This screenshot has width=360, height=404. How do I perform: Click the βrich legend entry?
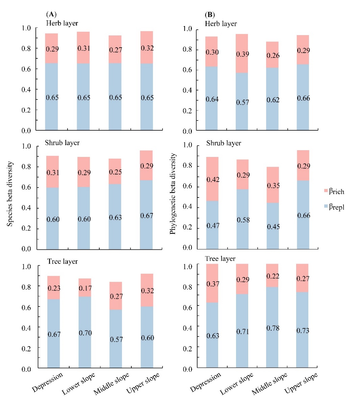click(336, 191)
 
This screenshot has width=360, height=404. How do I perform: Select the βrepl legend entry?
click(336, 207)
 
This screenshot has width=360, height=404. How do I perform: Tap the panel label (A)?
click(51, 14)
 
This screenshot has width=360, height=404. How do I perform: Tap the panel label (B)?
click(209, 15)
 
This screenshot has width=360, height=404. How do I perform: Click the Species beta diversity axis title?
click(10, 194)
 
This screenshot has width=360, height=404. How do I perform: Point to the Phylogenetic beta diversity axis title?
click(173, 194)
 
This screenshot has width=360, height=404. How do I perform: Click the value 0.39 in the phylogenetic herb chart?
click(243, 54)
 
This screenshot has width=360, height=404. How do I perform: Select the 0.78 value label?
click(273, 328)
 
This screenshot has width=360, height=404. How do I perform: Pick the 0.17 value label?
click(85, 288)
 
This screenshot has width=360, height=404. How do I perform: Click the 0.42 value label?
click(213, 180)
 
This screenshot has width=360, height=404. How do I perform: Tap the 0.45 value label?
click(273, 227)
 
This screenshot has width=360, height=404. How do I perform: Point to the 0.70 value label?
click(85, 333)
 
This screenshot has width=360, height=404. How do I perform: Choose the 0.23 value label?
click(54, 288)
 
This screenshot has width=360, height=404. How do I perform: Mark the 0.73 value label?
click(303, 331)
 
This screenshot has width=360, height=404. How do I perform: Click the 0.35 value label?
click(273, 186)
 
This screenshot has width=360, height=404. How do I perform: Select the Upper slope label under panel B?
click(301, 383)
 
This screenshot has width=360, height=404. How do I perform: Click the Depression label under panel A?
click(48, 382)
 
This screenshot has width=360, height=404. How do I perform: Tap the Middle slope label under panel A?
click(111, 384)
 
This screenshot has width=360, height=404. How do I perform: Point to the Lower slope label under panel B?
click(237, 384)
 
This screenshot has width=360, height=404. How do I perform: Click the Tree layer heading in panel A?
click(62, 262)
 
